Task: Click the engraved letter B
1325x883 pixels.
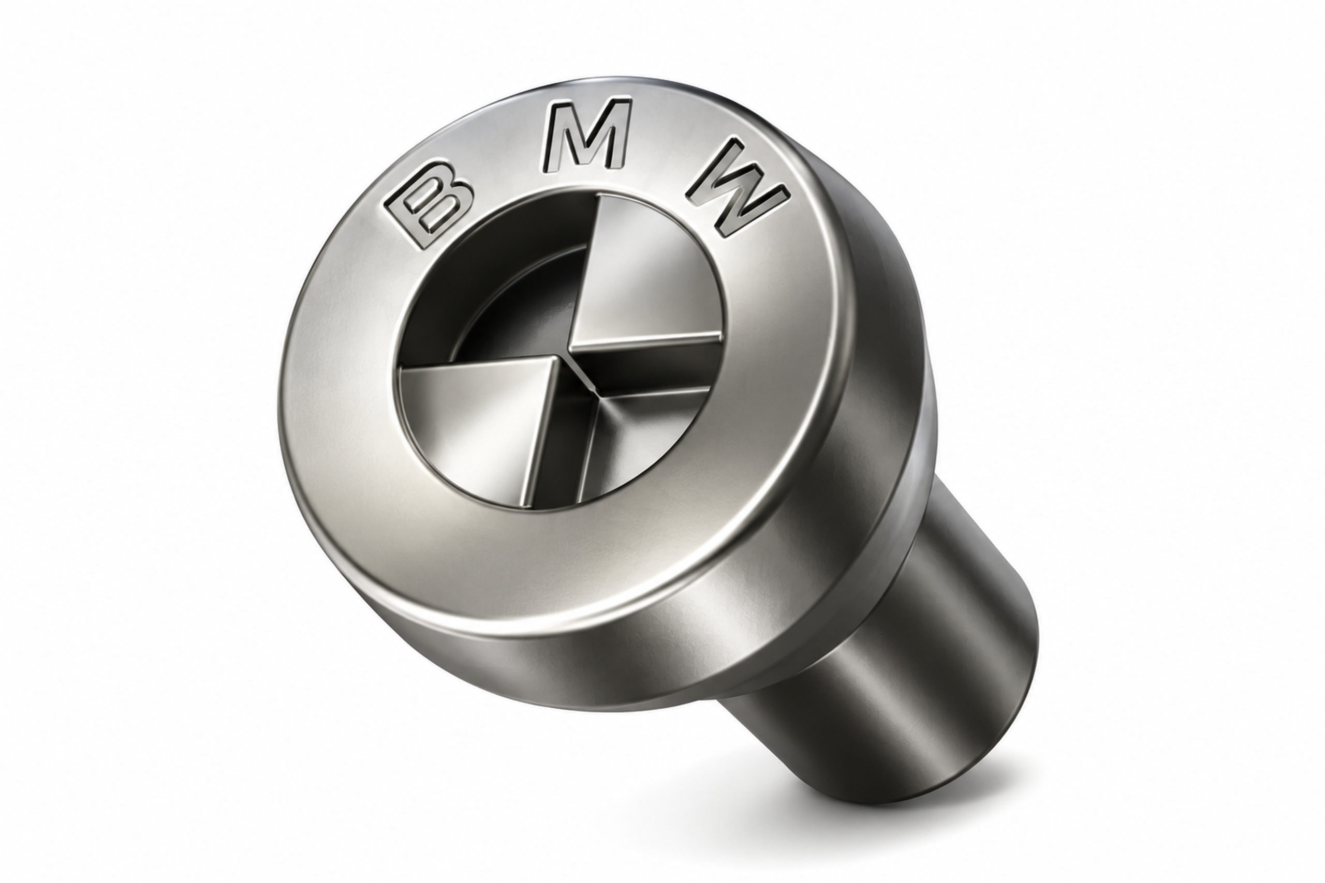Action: click(x=429, y=204)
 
